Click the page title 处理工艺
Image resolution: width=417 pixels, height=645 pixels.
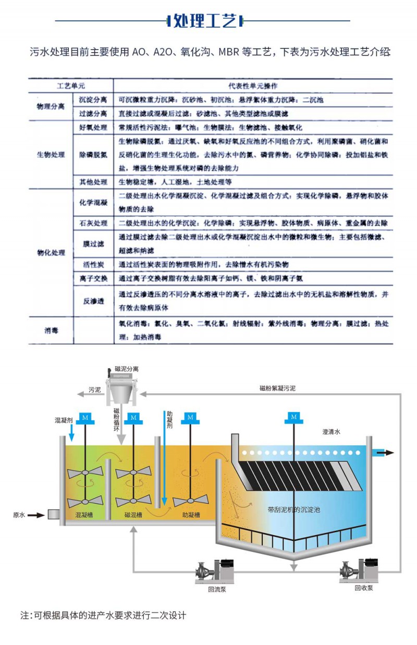(x=205, y=21)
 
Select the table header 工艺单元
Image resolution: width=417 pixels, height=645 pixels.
(x=70, y=84)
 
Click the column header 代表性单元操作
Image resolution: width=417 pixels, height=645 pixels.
(x=253, y=84)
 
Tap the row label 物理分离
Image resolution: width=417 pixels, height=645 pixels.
(x=51, y=106)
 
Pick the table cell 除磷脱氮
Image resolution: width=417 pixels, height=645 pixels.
(x=93, y=155)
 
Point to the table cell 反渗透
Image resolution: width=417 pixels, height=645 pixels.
(x=93, y=301)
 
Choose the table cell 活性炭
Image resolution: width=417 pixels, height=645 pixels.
(x=93, y=264)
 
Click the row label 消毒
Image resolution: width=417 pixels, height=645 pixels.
(x=51, y=330)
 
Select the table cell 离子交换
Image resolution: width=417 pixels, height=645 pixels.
(x=93, y=278)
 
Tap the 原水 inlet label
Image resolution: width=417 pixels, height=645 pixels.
(x=19, y=515)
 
